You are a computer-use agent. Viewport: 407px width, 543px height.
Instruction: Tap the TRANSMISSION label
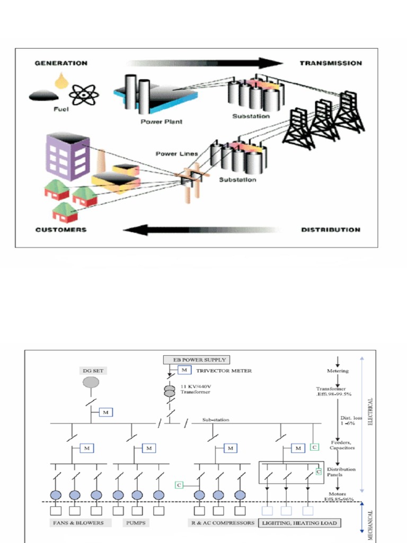(x=331, y=63)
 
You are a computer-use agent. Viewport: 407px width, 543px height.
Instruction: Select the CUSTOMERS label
(x=60, y=230)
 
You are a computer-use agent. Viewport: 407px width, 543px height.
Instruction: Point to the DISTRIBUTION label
(x=331, y=230)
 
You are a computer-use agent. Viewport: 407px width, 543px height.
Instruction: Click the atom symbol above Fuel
(x=84, y=95)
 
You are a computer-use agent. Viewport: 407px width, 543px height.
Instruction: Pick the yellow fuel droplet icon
(x=62, y=80)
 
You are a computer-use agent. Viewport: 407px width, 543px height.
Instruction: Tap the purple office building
(x=67, y=156)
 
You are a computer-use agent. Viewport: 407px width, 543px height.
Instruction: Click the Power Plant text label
(x=161, y=121)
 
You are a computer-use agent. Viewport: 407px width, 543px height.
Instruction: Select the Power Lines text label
(x=176, y=154)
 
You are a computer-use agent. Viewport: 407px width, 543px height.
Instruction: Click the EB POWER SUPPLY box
(x=197, y=360)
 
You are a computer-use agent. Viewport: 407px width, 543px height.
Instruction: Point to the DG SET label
(x=91, y=371)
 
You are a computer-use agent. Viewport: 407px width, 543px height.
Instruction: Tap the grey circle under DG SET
(x=91, y=382)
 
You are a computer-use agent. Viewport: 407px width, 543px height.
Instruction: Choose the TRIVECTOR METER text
(x=224, y=371)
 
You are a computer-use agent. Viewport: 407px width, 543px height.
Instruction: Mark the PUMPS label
(x=136, y=523)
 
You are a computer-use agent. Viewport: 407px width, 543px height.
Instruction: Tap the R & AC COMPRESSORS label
(x=222, y=523)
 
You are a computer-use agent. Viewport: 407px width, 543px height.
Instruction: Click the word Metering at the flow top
(x=338, y=371)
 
